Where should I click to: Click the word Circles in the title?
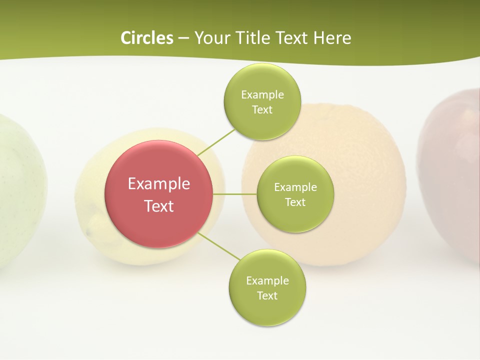(146, 38)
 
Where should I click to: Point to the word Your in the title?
(210, 38)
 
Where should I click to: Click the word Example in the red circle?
(159, 184)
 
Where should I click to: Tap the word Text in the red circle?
(159, 206)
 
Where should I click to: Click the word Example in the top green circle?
(262, 95)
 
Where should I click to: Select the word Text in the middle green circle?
(295, 202)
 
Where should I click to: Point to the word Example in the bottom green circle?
(267, 281)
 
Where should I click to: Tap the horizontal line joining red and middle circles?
(234, 193)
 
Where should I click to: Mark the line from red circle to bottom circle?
(219, 246)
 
